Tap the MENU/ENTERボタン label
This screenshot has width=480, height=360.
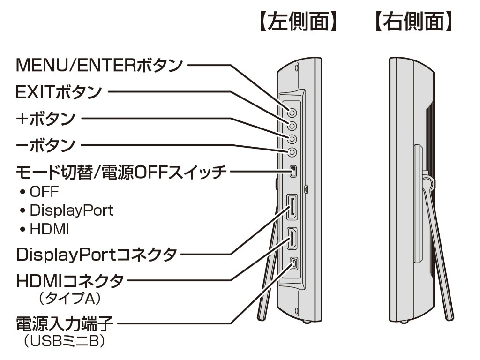[x=99, y=65]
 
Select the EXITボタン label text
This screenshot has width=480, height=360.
[x=59, y=92]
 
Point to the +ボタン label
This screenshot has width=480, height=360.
[x=45, y=119]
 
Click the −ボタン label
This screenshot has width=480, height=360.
[x=45, y=145]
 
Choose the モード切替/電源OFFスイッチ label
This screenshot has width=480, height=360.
[x=121, y=172]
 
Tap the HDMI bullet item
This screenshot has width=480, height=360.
[x=49, y=229]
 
